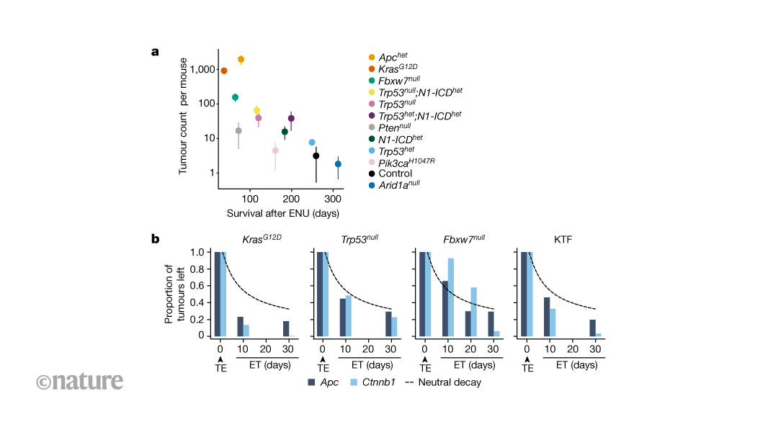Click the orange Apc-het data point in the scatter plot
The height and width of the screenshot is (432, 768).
241,59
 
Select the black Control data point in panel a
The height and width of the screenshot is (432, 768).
316,156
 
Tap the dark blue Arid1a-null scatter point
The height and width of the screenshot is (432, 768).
338,164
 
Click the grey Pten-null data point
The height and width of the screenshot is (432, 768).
238,130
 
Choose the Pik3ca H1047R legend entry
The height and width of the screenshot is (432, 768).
407,162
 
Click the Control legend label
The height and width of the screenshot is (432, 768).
395,174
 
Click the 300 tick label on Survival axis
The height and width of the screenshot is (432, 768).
333,199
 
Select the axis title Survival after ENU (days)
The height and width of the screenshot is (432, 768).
283,214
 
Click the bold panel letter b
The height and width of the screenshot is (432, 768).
155,237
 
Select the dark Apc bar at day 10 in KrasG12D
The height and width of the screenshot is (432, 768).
240,326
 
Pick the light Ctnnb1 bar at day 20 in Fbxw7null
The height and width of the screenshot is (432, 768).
473,312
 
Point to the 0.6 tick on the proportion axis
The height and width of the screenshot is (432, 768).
201,286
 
